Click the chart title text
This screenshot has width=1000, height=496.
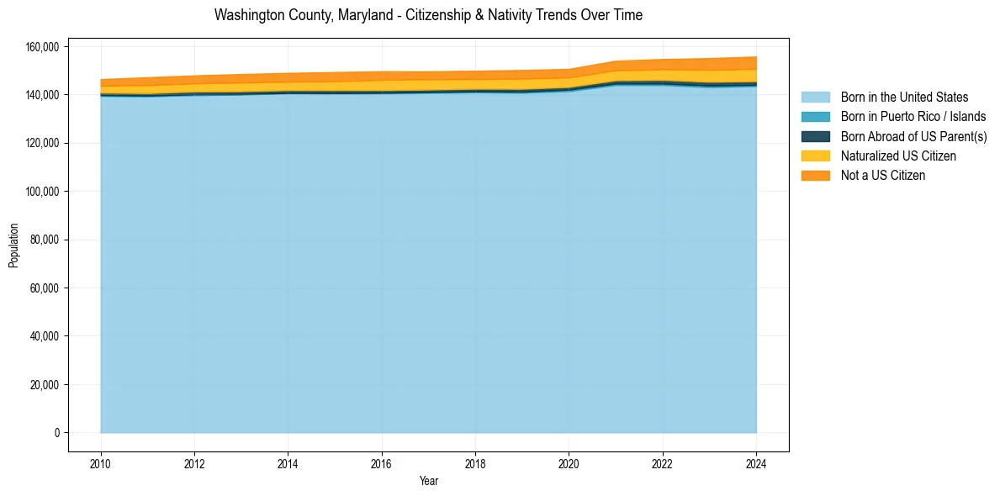tap(428, 15)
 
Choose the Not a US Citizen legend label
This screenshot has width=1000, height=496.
tap(882, 175)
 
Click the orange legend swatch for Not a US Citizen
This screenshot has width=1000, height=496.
tap(815, 175)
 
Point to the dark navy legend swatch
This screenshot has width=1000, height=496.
tap(815, 136)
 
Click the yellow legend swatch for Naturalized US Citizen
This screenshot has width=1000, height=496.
tap(815, 156)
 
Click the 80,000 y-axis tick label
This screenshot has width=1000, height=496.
tap(44, 240)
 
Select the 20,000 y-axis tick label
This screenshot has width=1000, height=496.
tap(44, 385)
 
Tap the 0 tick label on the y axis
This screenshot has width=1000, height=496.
tap(57, 433)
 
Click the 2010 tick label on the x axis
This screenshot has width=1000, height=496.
tap(101, 462)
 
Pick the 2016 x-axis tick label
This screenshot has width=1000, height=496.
tap(382, 462)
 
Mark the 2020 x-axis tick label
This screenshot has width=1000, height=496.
tap(569, 462)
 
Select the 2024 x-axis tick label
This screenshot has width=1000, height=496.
tap(756, 462)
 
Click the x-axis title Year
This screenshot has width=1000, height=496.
tap(428, 482)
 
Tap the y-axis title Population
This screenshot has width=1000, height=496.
tap(13, 245)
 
